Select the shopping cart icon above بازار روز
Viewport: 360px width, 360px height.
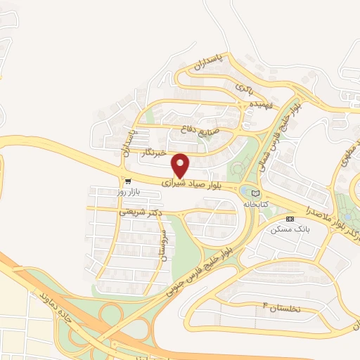[127, 180]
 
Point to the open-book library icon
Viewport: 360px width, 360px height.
[255, 193]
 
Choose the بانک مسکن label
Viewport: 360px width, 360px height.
[288, 229]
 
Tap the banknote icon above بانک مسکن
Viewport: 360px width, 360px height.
[290, 219]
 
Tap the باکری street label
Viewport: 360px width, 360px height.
[243, 89]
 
